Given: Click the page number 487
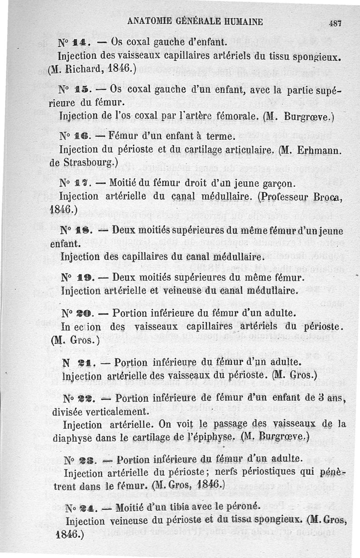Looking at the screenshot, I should pos(336,23).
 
